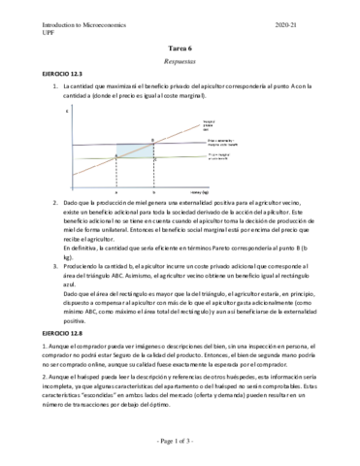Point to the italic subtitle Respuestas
coord(180,59)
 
